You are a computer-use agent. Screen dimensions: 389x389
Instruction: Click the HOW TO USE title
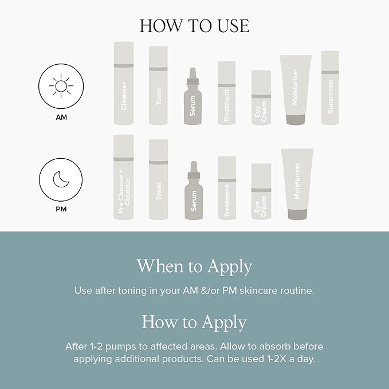click(194, 26)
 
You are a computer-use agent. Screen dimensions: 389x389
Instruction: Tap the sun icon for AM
click(61, 87)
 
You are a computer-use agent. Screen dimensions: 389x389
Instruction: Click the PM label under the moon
click(61, 209)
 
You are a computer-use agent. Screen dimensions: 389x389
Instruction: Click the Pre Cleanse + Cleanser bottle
click(124, 177)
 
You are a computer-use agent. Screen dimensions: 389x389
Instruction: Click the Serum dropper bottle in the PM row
click(193, 191)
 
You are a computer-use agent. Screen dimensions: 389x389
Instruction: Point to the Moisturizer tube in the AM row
click(296, 89)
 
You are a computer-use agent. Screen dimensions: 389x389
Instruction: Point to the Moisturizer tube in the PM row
click(297, 183)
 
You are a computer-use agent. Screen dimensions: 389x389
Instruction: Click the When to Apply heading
click(194, 266)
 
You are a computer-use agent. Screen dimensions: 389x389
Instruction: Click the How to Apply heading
click(194, 321)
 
